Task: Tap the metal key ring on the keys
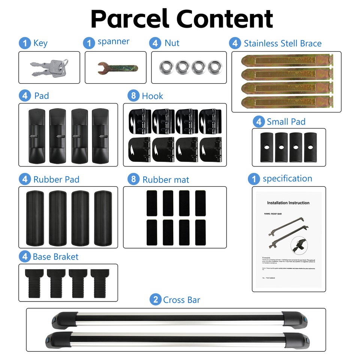coord(64,62)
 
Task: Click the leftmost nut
coord(165,67)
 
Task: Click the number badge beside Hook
coord(133,96)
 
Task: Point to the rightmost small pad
coord(310,147)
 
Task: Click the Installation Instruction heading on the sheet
coord(288,203)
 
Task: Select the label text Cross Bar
coord(181,300)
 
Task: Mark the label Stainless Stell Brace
coord(282,43)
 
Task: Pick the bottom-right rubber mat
coord(201,232)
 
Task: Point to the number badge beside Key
coord(25,43)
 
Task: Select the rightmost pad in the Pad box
coord(100,135)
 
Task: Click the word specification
coord(287,178)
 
